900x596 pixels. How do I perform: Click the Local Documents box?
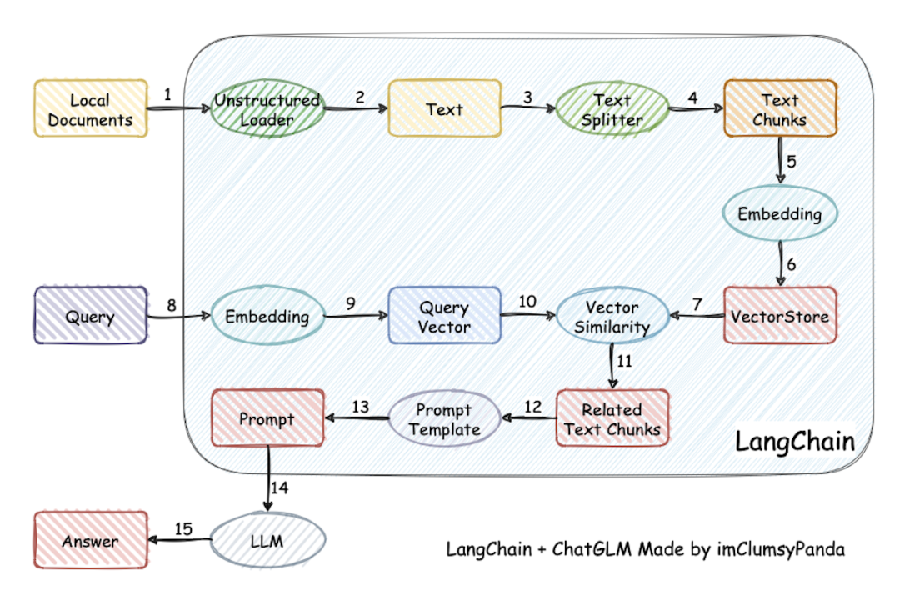[90, 109]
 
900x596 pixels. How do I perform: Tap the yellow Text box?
[444, 108]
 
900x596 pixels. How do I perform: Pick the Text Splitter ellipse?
[612, 109]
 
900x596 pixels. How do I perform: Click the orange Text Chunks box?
[779, 109]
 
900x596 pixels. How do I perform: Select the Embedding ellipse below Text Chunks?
[779, 213]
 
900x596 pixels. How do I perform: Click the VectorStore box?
[779, 316]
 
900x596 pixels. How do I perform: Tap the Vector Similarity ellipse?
[612, 316]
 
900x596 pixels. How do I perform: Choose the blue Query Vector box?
[444, 316]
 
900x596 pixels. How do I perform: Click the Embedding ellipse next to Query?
[267, 316]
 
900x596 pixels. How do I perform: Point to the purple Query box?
[90, 316]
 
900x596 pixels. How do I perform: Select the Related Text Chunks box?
[612, 418]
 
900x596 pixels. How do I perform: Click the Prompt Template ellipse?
[443, 419]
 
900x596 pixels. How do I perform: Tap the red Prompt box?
[267, 418]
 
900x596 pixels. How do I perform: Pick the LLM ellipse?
[267, 541]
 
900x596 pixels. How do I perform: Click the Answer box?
[90, 541]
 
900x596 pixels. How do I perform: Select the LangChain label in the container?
[794, 442]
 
